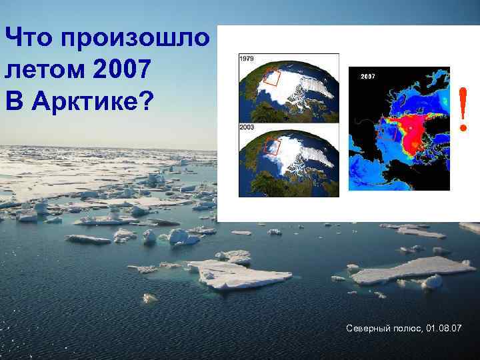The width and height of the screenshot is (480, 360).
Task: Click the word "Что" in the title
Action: [x=29, y=38]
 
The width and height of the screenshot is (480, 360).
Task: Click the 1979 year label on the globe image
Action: [x=245, y=59]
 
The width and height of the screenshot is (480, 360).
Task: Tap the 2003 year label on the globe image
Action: [x=245, y=126]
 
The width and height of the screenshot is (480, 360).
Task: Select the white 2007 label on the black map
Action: [x=368, y=77]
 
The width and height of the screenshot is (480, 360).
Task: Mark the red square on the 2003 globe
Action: [x=271, y=145]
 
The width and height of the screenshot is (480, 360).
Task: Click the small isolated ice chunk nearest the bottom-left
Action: [x=150, y=298]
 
